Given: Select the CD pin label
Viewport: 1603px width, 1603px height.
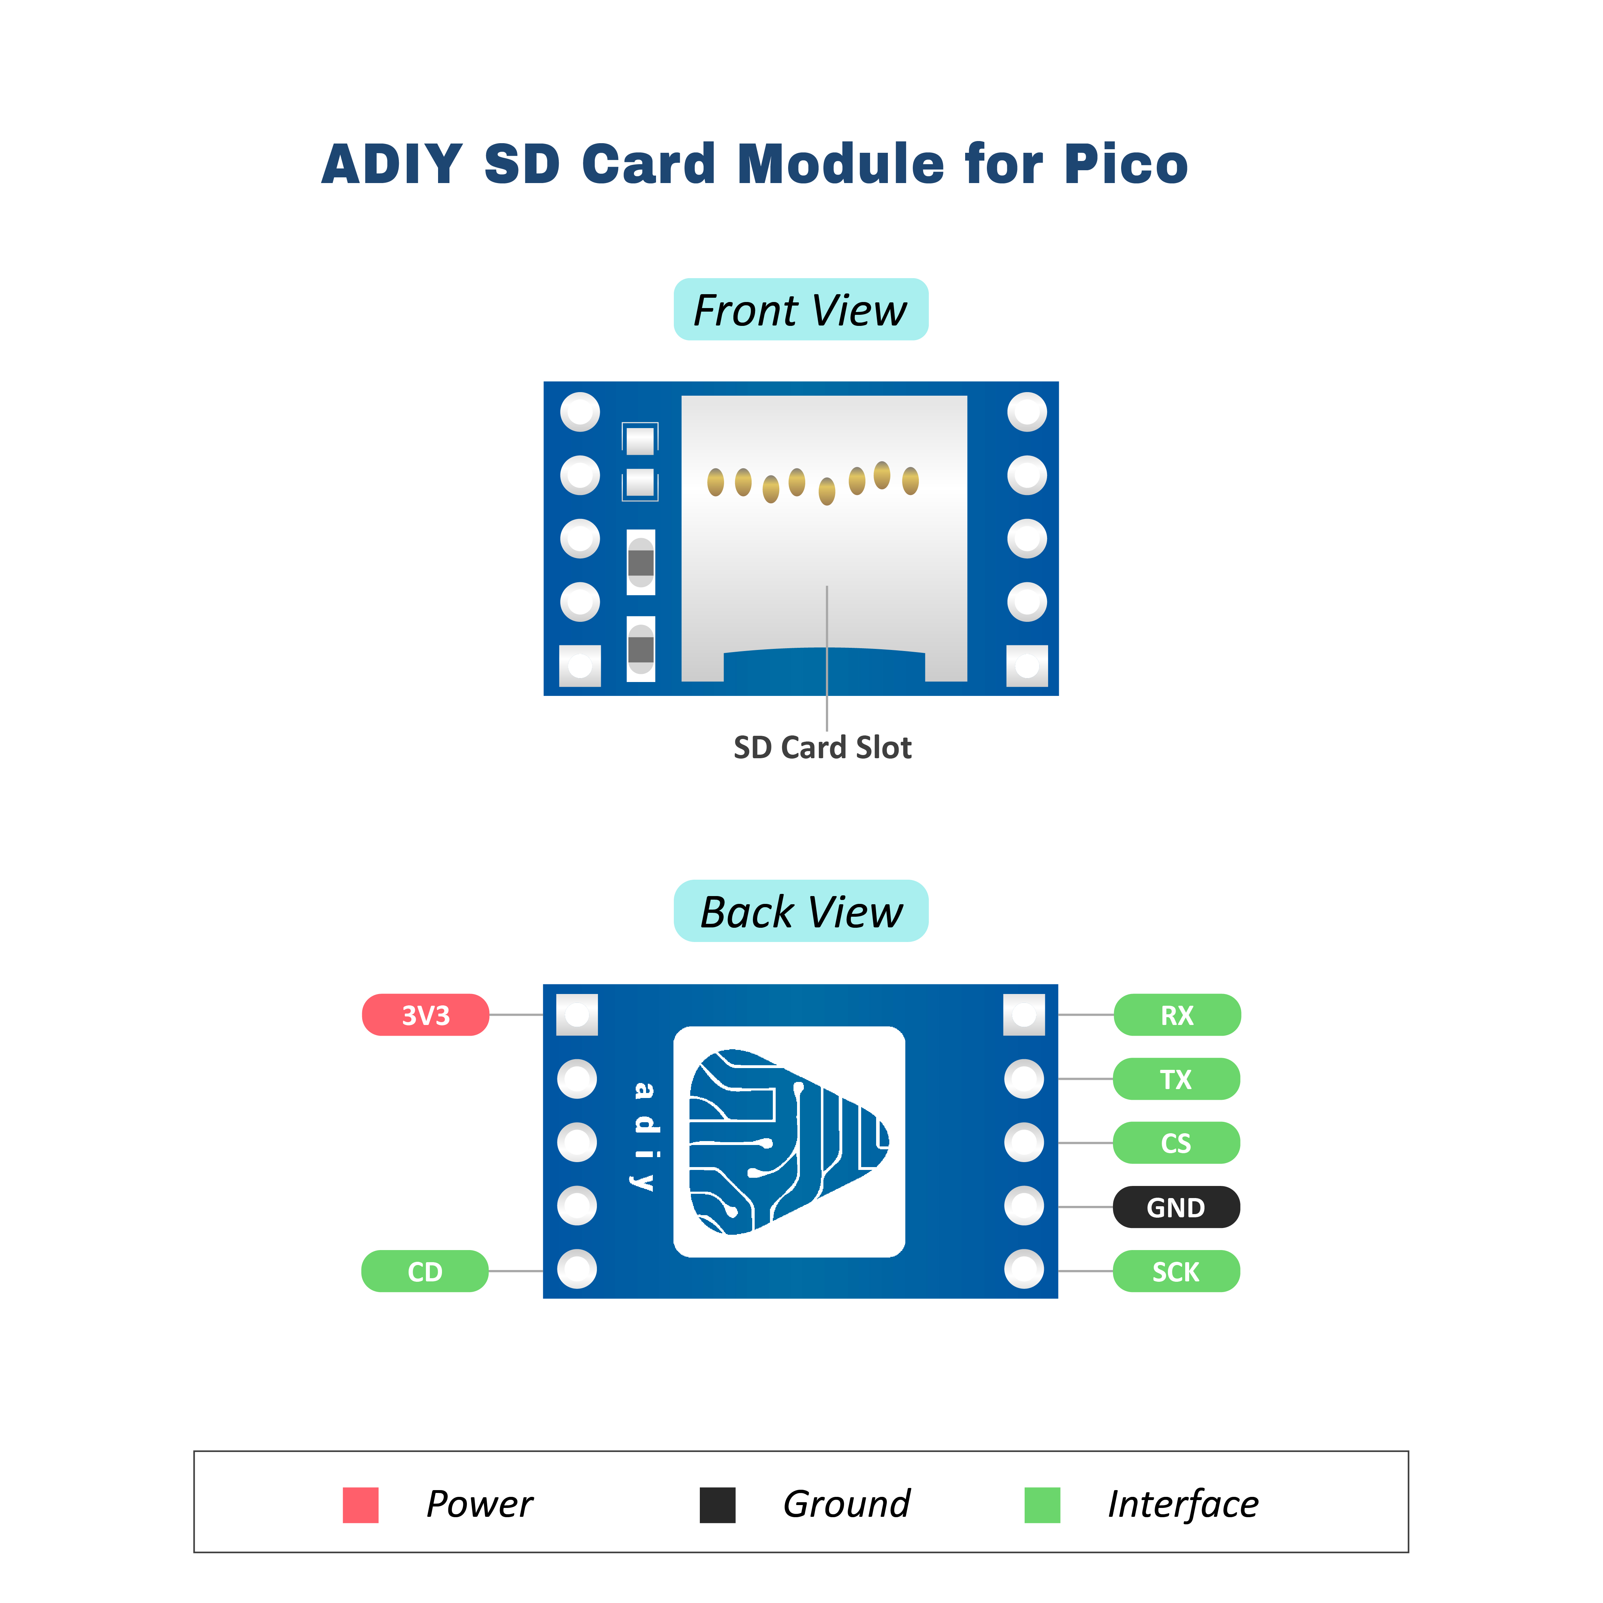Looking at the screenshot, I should [x=425, y=1271].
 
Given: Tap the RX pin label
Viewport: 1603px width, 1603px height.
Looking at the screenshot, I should [x=1177, y=1015].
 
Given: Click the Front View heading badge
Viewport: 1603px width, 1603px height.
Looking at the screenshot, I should [x=801, y=309].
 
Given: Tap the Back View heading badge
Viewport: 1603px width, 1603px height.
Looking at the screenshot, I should [x=801, y=911].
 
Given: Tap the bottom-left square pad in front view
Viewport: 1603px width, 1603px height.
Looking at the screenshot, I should [x=580, y=665].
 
